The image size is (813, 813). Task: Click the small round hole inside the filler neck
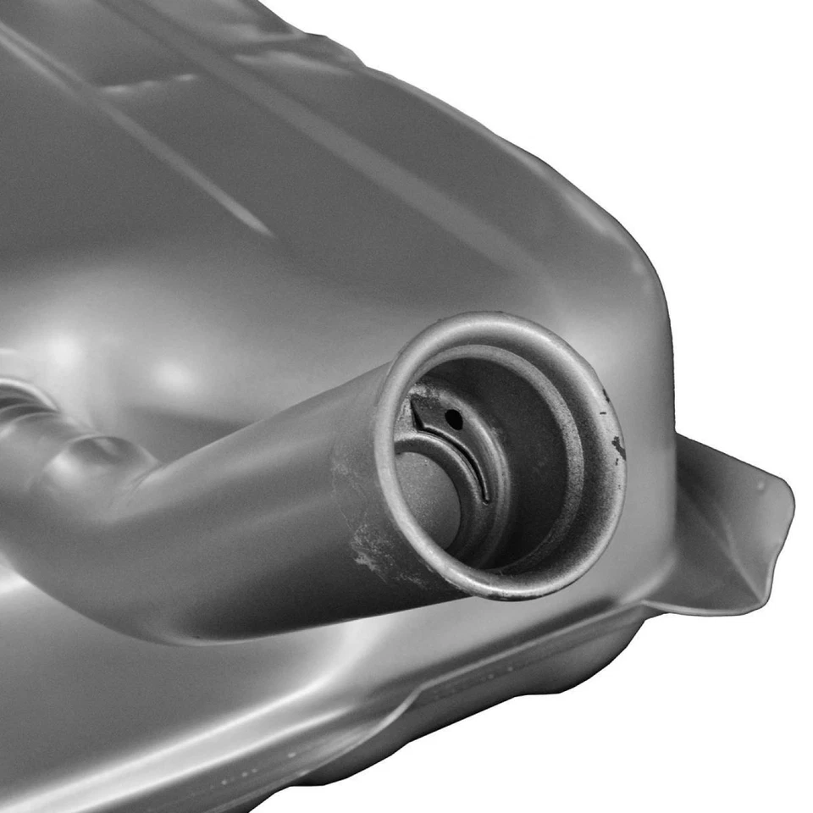pos(456,416)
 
